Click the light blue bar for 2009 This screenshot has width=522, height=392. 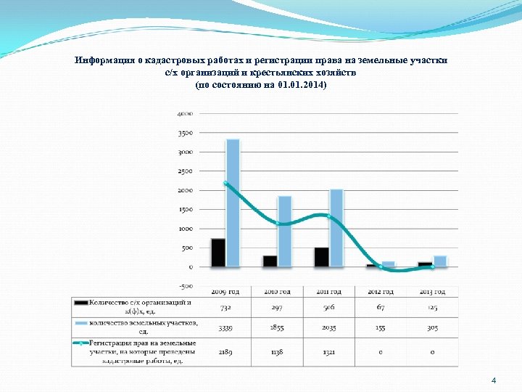[233, 203]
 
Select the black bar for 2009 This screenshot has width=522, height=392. [218, 253]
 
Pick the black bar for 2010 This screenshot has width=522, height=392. [270, 261]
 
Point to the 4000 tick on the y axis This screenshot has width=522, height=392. [183, 114]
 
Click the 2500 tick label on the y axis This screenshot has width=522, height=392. [183, 171]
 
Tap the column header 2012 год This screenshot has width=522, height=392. [381, 292]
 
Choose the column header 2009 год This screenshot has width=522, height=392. [225, 292]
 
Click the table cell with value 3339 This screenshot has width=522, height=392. [225, 327]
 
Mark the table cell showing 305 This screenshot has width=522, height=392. [432, 327]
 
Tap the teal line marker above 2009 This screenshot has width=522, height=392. [225, 184]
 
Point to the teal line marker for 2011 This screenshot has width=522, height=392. [329, 216]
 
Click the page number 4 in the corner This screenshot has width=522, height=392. [494, 380]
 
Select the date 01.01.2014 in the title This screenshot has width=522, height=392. [298, 86]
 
